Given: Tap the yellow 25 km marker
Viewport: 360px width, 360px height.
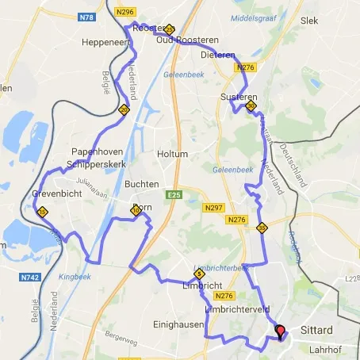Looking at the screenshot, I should [170, 29].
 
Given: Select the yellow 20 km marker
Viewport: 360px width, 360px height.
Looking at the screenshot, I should [124, 110].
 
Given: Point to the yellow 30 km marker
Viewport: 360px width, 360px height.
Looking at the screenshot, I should [251, 105].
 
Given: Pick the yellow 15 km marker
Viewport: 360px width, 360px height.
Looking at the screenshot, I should [42, 212].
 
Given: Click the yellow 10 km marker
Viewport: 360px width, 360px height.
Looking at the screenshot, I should [136, 211].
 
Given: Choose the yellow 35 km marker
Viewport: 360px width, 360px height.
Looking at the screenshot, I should [262, 228].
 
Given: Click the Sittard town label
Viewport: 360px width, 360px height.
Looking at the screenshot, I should [316, 329].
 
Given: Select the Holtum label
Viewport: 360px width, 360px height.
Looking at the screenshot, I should [172, 154].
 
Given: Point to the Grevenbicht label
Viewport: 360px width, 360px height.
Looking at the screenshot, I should [58, 193].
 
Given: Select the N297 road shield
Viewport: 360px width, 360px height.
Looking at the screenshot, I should [213, 208].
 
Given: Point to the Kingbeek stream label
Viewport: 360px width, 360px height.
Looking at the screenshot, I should [75, 278].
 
